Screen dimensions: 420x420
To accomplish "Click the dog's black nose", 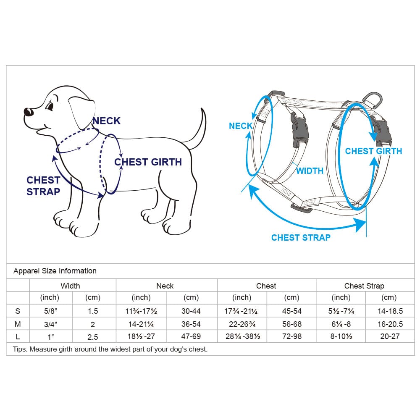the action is tap(28, 111).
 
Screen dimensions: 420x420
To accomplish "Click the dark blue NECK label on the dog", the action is tap(106, 121).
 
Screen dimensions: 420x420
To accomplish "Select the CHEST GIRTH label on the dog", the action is tap(148, 162).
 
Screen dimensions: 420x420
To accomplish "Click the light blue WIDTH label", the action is tap(310, 171).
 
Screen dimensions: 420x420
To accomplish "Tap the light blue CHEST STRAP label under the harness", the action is tap(301, 238).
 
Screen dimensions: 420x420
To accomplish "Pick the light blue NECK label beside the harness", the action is tap(241, 126).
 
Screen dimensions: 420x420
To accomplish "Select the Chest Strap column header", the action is tap(364, 286).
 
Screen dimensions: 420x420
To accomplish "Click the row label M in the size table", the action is tap(18, 324).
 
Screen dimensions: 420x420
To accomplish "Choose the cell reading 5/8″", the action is tap(51, 311).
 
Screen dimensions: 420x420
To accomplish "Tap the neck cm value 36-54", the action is tap(191, 324).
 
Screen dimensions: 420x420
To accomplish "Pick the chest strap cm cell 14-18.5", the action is tap(390, 311).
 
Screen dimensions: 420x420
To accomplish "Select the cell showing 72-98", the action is tap(292, 336).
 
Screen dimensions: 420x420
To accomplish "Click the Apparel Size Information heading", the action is tap(55, 271).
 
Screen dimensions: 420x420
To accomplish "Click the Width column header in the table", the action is tap(70, 286).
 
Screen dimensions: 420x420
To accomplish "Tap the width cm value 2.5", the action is tap(93, 337).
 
